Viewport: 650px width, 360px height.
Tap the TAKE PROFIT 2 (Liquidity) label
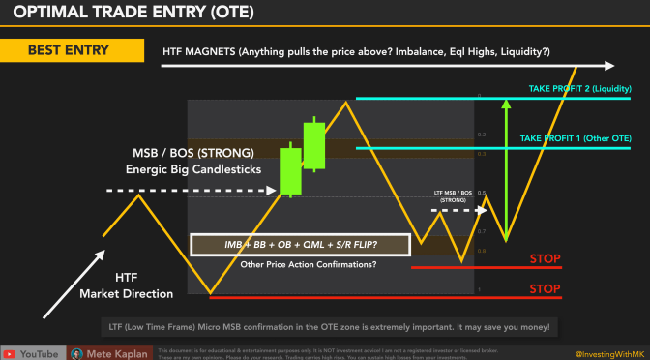tap(578, 89)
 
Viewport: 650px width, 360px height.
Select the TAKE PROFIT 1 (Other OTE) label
tap(576, 139)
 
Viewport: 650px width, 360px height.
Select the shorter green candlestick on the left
tap(287, 170)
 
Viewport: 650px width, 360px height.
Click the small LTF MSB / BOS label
tap(454, 196)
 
